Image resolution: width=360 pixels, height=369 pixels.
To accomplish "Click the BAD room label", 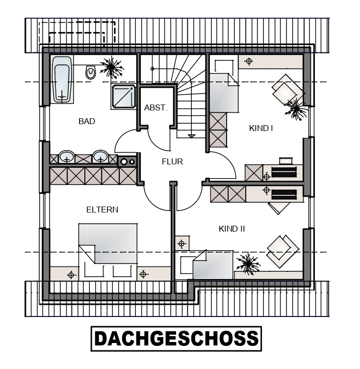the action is pos(87,121).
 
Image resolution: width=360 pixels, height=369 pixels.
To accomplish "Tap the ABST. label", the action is pos(155,108).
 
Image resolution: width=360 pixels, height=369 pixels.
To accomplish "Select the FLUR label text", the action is pos(172,161).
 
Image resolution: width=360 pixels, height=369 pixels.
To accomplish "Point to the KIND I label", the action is pos(261,128).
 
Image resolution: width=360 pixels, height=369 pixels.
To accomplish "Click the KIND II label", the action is pos(232,229).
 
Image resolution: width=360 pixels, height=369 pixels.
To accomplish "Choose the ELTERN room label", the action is pos(102,210).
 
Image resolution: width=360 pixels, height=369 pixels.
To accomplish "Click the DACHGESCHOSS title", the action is pos(176,339).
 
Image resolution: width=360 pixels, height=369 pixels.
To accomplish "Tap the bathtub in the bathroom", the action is pos(62,79).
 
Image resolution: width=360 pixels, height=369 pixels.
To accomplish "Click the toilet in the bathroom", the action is pos(91,72).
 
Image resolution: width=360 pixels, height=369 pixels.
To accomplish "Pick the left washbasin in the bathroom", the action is pos(67,157).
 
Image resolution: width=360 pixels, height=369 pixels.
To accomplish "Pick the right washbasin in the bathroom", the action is pos(101,157).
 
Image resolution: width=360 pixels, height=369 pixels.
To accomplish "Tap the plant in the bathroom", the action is pos(112,68).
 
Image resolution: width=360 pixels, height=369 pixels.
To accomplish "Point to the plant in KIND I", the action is pos(296,109).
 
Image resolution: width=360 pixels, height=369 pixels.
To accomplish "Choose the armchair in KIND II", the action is pos(283,252).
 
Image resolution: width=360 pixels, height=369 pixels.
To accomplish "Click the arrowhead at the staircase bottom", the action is pos(192,136).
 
